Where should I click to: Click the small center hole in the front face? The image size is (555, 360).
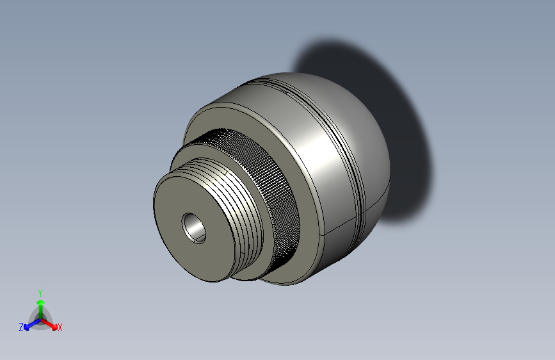coord(193,226)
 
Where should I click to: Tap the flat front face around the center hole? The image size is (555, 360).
coord(176,247)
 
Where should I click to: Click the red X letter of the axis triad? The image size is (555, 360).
coord(60,328)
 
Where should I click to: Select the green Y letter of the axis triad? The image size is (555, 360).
coord(40,291)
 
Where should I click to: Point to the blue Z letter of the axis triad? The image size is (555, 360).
coord(21,327)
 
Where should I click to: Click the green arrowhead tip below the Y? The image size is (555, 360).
coord(40,300)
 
